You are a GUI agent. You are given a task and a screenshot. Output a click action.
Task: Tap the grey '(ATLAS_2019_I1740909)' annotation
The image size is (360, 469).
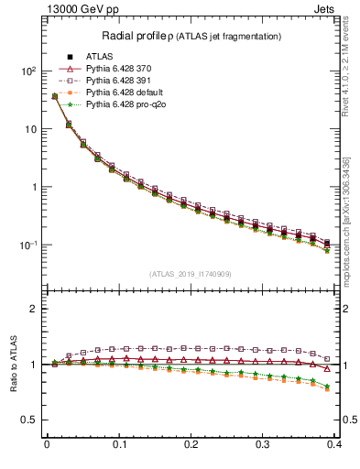click(x=191, y=274)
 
